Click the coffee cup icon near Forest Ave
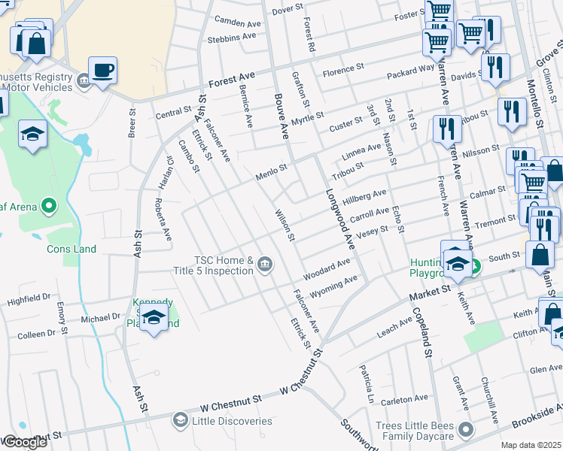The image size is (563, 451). click(x=103, y=71)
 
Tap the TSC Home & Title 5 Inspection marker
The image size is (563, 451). click(x=265, y=264)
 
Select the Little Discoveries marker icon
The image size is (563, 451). click(x=180, y=419)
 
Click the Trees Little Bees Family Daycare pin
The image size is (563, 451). click(x=466, y=429)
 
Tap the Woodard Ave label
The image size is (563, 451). click(x=327, y=266)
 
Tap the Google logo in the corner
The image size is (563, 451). click(x=24, y=442)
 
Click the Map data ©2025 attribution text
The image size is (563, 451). click(x=531, y=445)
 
